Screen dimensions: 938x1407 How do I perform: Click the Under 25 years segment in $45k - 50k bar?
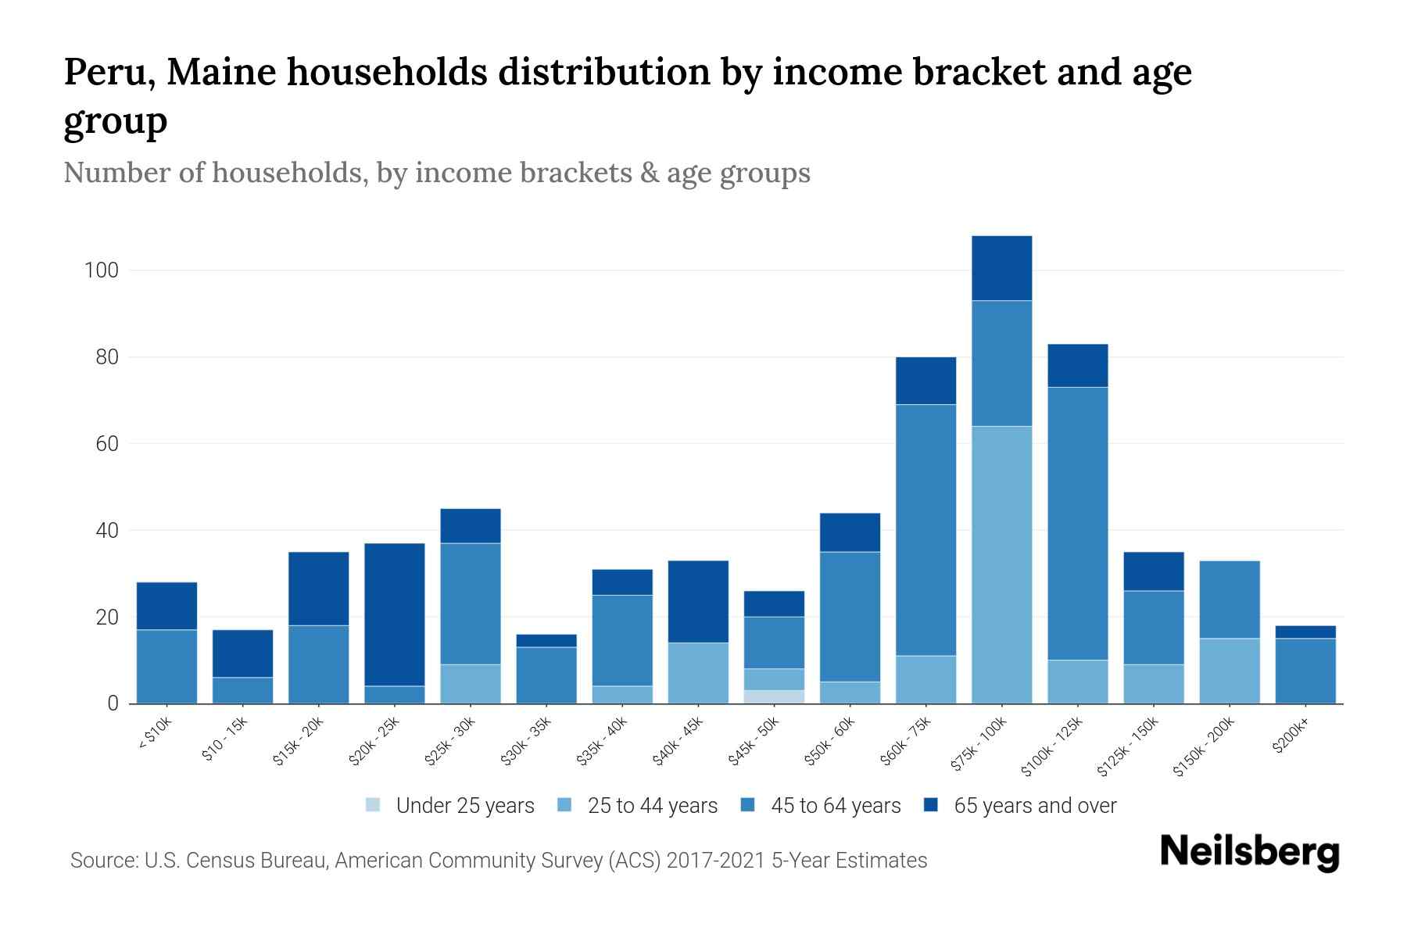(774, 696)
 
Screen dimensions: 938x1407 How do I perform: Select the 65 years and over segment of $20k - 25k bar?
(395, 614)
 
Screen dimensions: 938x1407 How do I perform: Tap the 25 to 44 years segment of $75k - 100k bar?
(1001, 564)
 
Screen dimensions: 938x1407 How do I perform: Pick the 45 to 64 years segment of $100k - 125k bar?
(1077, 524)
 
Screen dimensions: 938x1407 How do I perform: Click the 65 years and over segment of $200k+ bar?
(1305, 632)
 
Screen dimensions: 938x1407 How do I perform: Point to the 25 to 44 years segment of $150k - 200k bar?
(1230, 671)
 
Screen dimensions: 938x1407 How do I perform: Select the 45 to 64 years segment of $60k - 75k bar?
(925, 530)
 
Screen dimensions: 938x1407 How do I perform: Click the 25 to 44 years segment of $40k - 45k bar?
(698, 673)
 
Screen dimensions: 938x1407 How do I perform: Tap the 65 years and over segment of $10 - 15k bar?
(243, 653)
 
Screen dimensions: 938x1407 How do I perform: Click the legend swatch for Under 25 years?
(374, 805)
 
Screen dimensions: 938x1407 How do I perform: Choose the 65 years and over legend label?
(1034, 806)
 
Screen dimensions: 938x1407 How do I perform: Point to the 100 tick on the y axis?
(102, 270)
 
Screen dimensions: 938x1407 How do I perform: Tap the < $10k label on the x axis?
(155, 735)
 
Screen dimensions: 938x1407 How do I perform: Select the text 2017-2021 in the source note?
(714, 861)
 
